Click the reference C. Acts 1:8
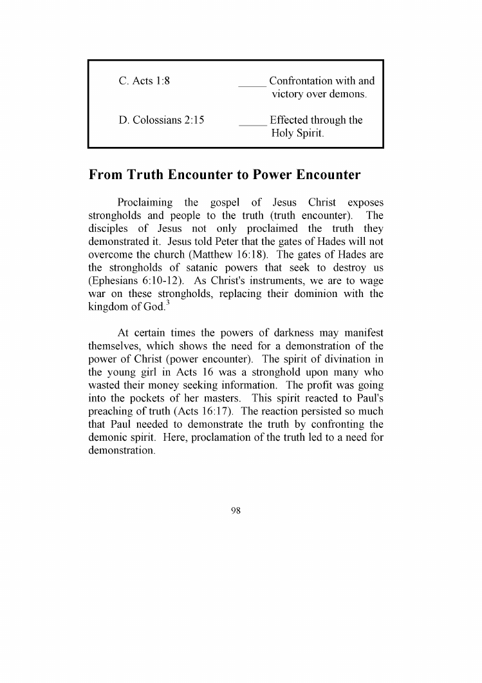click(144, 81)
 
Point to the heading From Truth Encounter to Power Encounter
click(224, 175)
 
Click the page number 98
click(236, 511)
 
